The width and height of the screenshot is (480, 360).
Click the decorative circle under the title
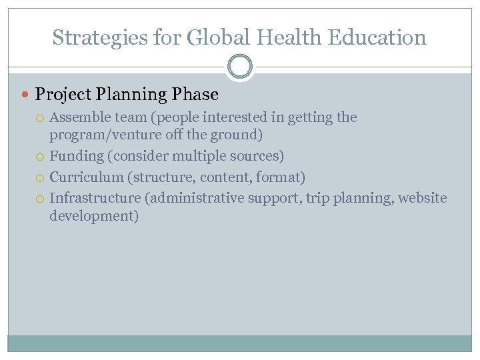pyautogui.click(x=240, y=67)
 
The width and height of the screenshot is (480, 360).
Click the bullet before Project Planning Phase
pyautogui.click(x=26, y=95)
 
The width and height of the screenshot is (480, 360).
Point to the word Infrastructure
pyautogui.click(x=95, y=198)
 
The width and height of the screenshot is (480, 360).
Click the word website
pyautogui.click(x=423, y=198)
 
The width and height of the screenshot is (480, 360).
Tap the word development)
pyautogui.click(x=94, y=216)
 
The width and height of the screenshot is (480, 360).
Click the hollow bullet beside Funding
pyautogui.click(x=41, y=157)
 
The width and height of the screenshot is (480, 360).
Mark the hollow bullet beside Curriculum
pyautogui.click(x=41, y=178)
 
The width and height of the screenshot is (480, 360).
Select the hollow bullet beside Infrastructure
pyautogui.click(x=41, y=199)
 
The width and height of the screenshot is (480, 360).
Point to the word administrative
pyautogui.click(x=193, y=198)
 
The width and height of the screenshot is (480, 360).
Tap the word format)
pyautogui.click(x=282, y=177)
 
